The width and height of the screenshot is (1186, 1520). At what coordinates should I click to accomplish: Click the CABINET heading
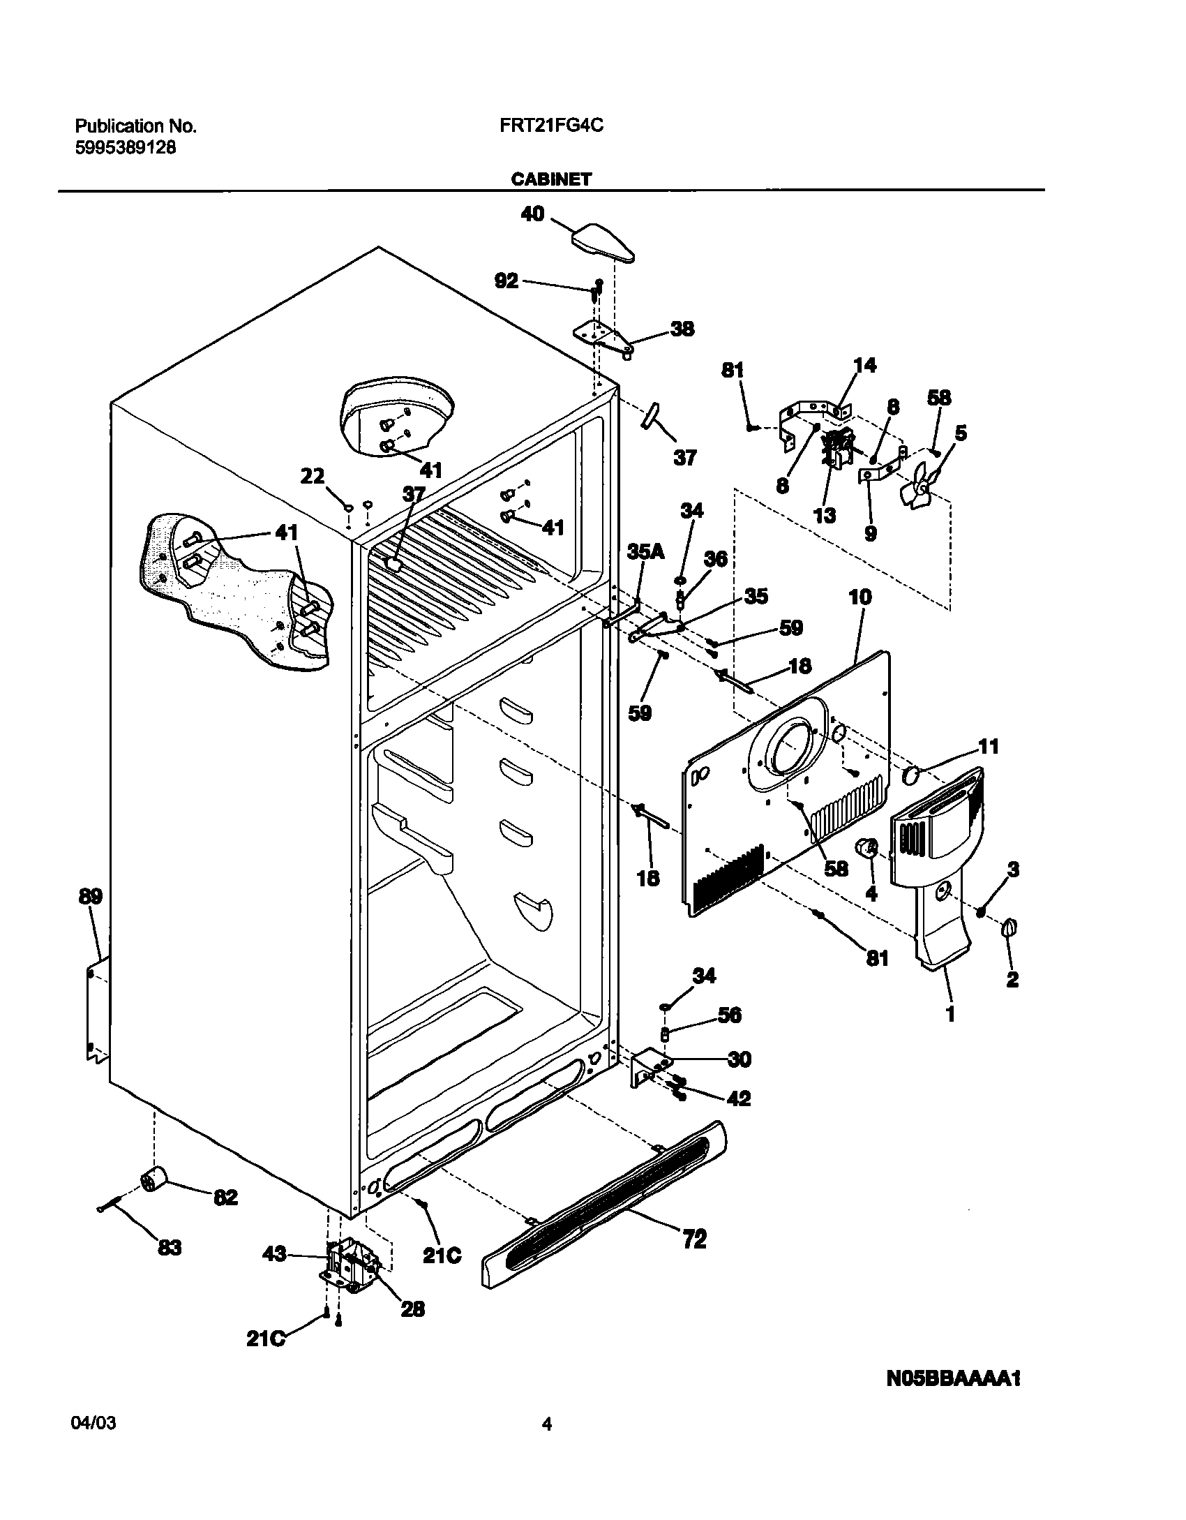click(550, 179)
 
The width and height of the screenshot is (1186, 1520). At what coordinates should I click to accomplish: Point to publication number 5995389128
click(125, 148)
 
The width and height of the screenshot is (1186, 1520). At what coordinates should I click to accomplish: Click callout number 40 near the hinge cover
click(532, 214)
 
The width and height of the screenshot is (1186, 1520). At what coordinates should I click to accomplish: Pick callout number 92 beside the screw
click(506, 281)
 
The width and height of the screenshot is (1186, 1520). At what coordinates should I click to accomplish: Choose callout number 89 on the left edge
click(91, 896)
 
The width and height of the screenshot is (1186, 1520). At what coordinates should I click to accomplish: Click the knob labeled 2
click(1009, 928)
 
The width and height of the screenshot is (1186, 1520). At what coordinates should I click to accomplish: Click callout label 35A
click(645, 552)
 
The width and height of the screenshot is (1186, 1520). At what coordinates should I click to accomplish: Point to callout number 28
click(412, 1309)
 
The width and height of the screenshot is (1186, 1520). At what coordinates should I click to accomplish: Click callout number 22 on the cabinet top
click(312, 476)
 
